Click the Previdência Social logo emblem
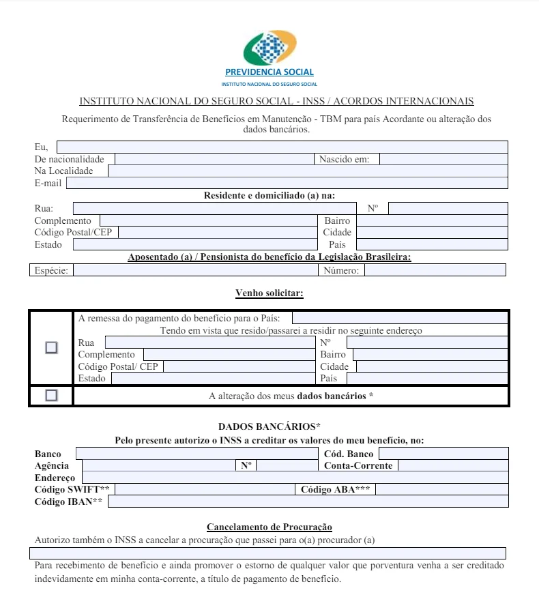point(269,48)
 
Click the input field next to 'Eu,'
point(282,147)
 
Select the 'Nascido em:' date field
point(443,159)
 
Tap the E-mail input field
point(287,183)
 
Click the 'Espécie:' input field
point(194,270)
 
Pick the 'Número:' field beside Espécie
point(435,270)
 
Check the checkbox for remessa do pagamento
point(51,347)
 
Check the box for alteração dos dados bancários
point(51,395)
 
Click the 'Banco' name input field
point(196,454)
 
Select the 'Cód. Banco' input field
point(443,454)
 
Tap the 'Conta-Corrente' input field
point(452,465)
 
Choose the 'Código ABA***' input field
point(441,489)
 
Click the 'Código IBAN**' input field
point(308,501)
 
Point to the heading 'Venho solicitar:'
point(269,293)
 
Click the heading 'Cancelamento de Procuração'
point(269,527)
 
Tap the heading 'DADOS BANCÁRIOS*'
point(269,426)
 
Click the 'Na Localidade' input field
point(307,171)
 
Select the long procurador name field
point(268,553)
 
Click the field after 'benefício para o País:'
point(399,318)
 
